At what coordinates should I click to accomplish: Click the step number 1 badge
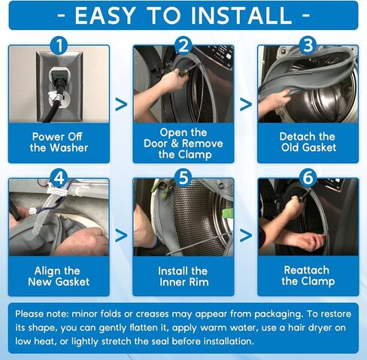59,46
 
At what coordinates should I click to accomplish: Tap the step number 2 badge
183,46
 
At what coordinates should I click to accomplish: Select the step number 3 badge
308,46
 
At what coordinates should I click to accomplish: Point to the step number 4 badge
59,178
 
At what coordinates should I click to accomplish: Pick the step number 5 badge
183,178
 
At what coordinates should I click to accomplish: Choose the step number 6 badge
308,178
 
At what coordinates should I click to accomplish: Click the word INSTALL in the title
241,16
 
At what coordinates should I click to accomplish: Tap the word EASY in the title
105,16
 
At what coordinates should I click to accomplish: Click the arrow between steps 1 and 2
121,104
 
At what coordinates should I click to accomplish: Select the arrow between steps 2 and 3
246,104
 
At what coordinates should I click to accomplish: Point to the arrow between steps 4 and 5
121,236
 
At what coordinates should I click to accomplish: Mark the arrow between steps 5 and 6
246,236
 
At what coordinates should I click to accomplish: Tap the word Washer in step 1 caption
69,148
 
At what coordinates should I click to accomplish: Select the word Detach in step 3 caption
294,137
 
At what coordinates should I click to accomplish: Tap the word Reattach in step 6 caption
307,270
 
